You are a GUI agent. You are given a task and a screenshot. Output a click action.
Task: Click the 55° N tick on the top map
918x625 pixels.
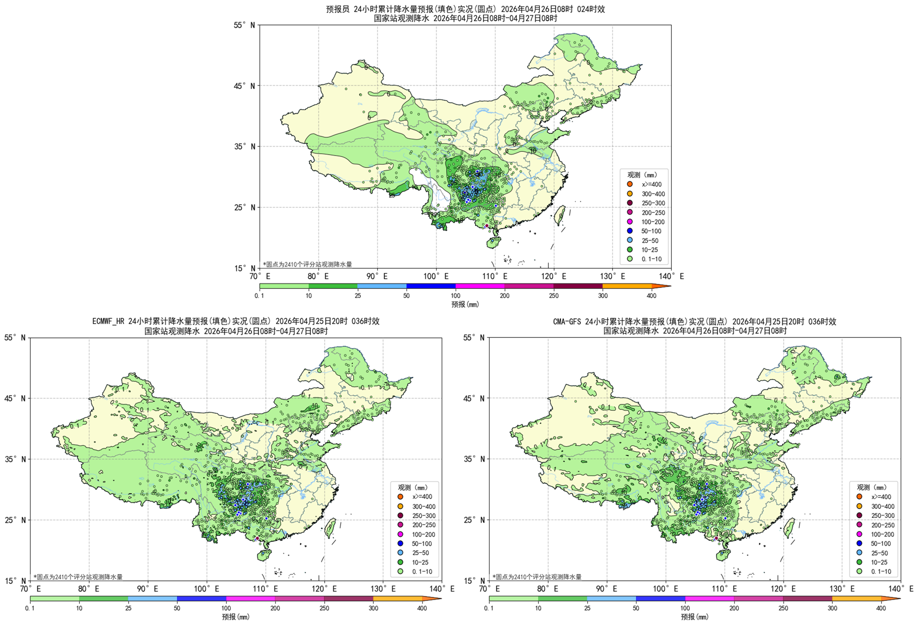tap(244, 25)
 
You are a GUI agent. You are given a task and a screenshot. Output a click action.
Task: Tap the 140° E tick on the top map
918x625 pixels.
tap(671, 276)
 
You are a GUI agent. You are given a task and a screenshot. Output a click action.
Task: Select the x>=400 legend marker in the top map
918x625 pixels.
tap(630, 184)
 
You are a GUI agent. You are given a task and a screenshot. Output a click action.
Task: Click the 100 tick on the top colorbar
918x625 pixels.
tap(456, 296)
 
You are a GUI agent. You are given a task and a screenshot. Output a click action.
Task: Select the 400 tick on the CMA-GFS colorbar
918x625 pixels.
tap(881, 608)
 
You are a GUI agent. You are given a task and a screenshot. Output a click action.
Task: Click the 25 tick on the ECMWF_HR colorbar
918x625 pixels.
tap(128, 608)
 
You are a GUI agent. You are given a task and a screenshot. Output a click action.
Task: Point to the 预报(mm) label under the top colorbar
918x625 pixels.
tap(465, 304)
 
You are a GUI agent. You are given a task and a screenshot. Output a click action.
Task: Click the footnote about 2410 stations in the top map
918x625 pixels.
tap(307, 264)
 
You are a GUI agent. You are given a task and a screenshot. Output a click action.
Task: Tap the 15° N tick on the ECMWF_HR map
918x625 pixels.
tap(15, 580)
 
